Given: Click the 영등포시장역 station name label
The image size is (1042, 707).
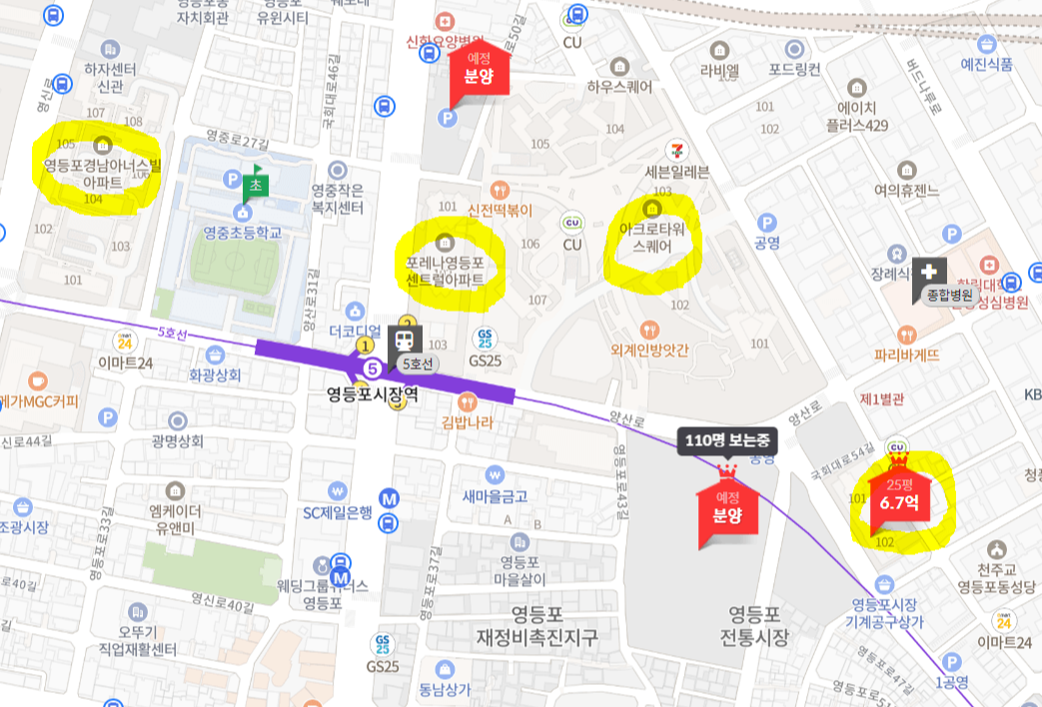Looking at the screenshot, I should coord(372,394).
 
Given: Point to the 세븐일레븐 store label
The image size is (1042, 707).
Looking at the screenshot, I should coord(677,171).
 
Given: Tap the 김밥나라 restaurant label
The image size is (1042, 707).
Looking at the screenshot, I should coord(468,422).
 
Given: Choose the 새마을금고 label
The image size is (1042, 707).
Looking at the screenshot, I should coord(495,496).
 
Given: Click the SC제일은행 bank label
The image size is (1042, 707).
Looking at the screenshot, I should coord(338,513).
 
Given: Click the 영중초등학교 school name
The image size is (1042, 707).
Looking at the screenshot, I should coord(243,233).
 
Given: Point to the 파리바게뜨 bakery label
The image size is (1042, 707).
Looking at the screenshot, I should coord(908,353).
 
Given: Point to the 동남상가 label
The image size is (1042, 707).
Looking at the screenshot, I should coord(446,687).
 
